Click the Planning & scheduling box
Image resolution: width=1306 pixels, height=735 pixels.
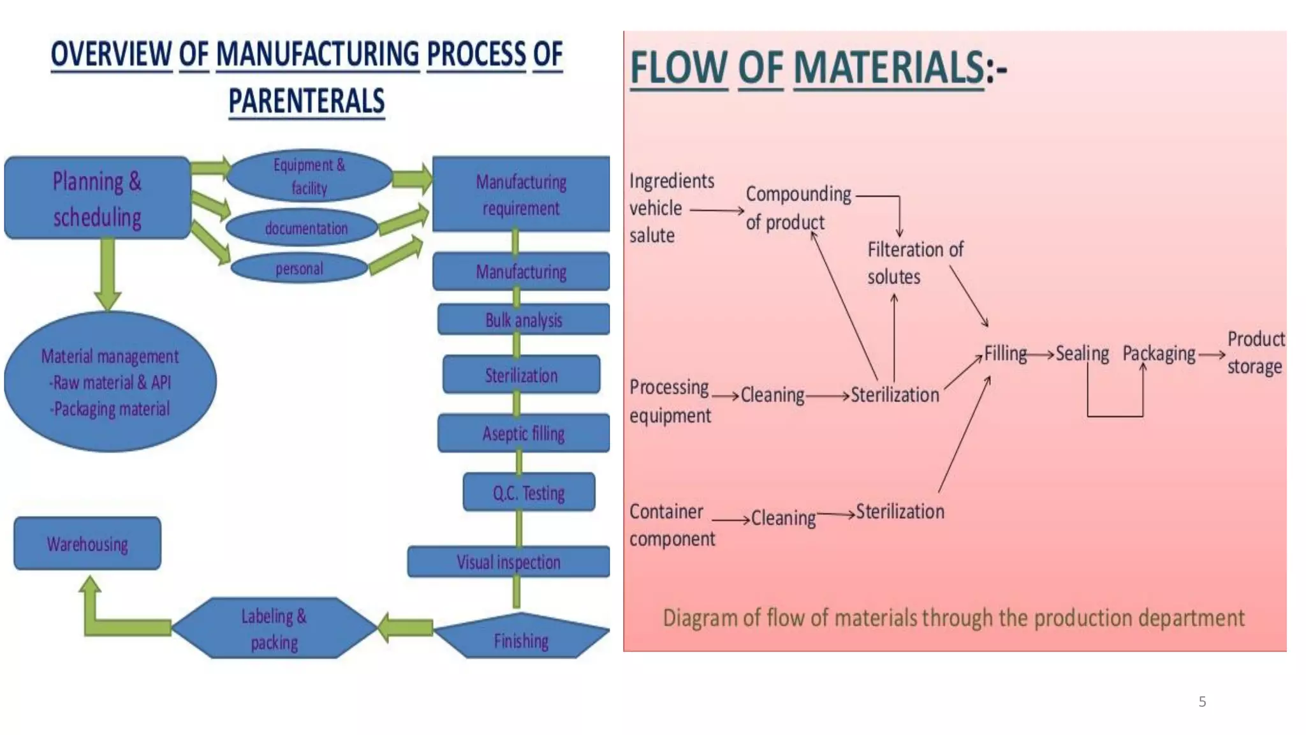(x=97, y=198)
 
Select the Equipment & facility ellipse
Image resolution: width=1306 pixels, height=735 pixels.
(x=309, y=176)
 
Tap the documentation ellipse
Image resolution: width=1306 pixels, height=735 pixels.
(x=305, y=228)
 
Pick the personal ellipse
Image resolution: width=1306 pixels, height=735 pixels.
(x=298, y=269)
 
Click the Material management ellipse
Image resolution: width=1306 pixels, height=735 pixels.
(x=110, y=382)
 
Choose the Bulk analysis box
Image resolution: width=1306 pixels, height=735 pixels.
(x=523, y=320)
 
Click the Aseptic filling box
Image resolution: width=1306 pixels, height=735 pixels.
(x=523, y=433)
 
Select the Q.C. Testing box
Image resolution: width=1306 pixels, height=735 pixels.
(x=528, y=493)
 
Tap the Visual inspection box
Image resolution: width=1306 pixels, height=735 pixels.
(x=508, y=562)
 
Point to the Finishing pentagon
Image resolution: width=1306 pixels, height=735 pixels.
(x=521, y=638)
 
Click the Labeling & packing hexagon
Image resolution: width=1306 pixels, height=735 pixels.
(x=274, y=628)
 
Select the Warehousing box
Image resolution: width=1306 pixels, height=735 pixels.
(x=87, y=544)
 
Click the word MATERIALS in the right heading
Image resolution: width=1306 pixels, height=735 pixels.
(x=889, y=68)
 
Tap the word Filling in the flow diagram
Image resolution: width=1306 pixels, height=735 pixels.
(x=1005, y=353)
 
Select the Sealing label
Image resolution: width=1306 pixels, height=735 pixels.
(x=1082, y=353)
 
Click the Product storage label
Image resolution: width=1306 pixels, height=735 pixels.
(x=1255, y=352)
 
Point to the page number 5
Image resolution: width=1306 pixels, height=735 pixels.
(x=1202, y=702)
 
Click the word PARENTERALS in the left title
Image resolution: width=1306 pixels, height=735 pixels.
(x=307, y=101)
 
